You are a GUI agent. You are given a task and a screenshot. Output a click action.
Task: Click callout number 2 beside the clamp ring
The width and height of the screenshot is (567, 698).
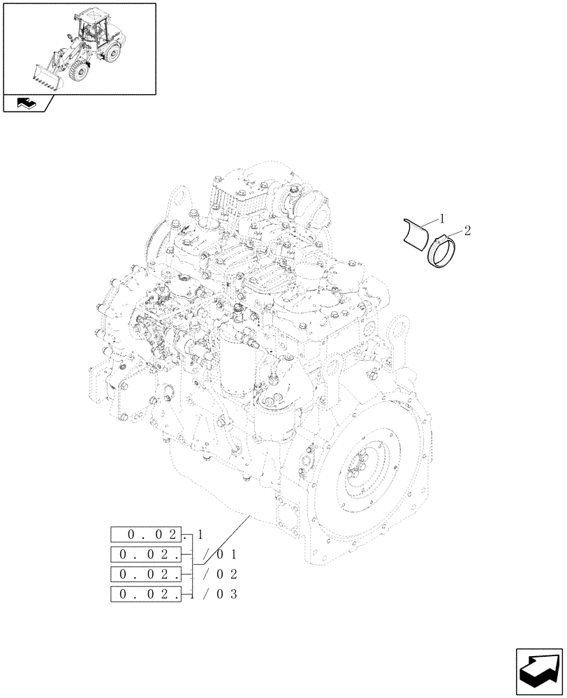pos(467,230)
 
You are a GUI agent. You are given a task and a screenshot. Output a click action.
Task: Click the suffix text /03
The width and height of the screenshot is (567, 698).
pos(222,594)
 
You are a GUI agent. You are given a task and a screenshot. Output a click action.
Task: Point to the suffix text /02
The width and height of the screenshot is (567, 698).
pos(222,574)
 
